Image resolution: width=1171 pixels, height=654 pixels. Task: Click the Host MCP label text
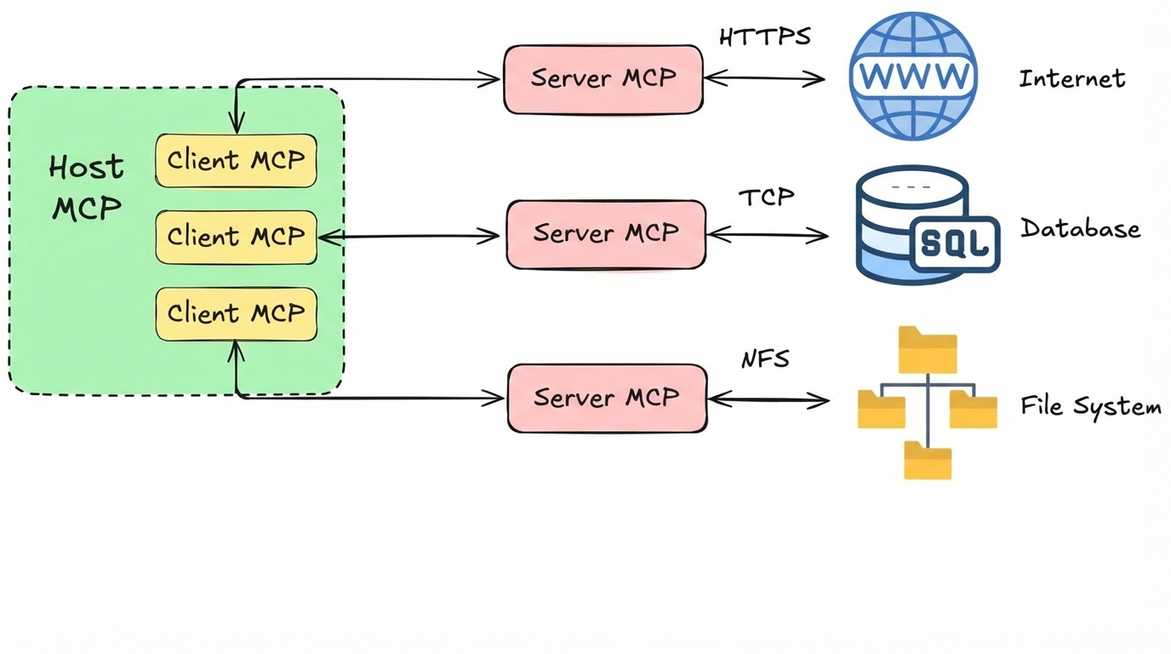(86, 187)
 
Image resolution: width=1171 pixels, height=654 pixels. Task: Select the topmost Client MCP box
(236, 160)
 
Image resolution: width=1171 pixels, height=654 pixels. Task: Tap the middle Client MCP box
(236, 236)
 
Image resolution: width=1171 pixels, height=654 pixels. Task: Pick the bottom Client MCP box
(236, 313)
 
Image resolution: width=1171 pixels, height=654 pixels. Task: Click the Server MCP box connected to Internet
(603, 78)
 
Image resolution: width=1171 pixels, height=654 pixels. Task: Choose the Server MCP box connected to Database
(606, 234)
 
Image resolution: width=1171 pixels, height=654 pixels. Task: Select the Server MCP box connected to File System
(607, 398)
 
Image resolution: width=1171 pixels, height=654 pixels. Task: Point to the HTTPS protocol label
(764, 37)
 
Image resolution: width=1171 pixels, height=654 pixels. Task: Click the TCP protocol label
(766, 198)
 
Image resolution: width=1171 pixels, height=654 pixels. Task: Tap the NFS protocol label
(764, 359)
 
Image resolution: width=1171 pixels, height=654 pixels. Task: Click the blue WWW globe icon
(913, 76)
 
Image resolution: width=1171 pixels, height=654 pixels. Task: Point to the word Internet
(1072, 79)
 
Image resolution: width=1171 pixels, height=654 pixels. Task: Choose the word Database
(1080, 229)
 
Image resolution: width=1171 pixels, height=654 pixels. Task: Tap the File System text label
(1091, 407)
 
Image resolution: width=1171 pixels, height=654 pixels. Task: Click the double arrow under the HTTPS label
(764, 78)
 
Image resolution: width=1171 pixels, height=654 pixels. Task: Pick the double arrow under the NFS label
(768, 399)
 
